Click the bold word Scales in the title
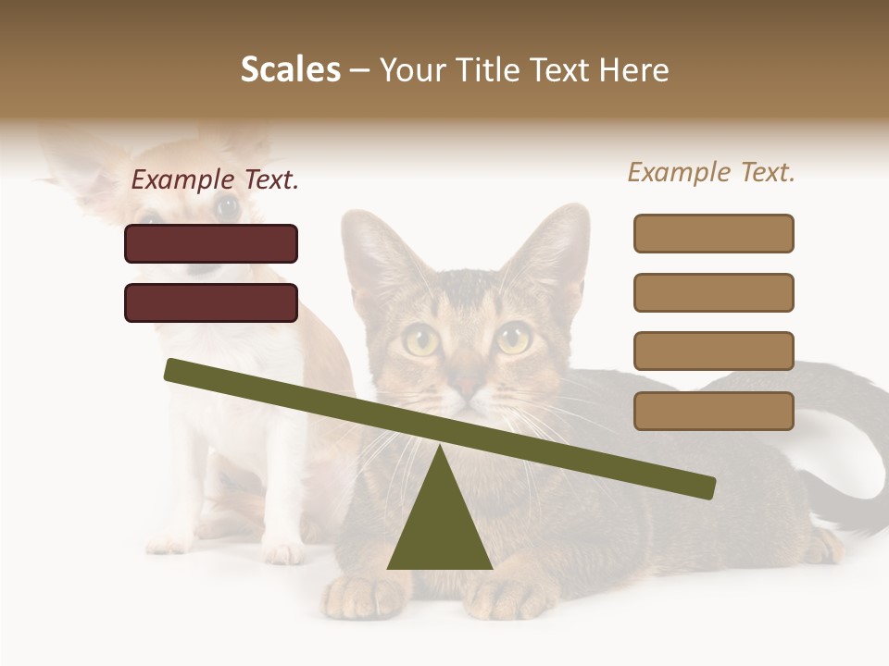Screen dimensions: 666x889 click(x=290, y=70)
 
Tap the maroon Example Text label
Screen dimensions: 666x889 click(x=215, y=180)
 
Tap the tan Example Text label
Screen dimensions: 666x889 click(x=711, y=172)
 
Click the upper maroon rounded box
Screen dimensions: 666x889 click(x=211, y=243)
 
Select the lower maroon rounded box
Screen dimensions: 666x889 click(x=211, y=302)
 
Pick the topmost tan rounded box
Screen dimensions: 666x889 click(x=713, y=233)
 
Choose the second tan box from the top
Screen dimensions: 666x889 click(x=713, y=292)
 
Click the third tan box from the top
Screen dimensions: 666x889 click(x=713, y=351)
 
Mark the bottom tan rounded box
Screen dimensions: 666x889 click(x=713, y=411)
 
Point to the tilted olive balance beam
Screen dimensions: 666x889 click(x=439, y=428)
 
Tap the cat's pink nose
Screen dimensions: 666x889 click(x=469, y=386)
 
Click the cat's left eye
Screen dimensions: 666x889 click(x=421, y=341)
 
